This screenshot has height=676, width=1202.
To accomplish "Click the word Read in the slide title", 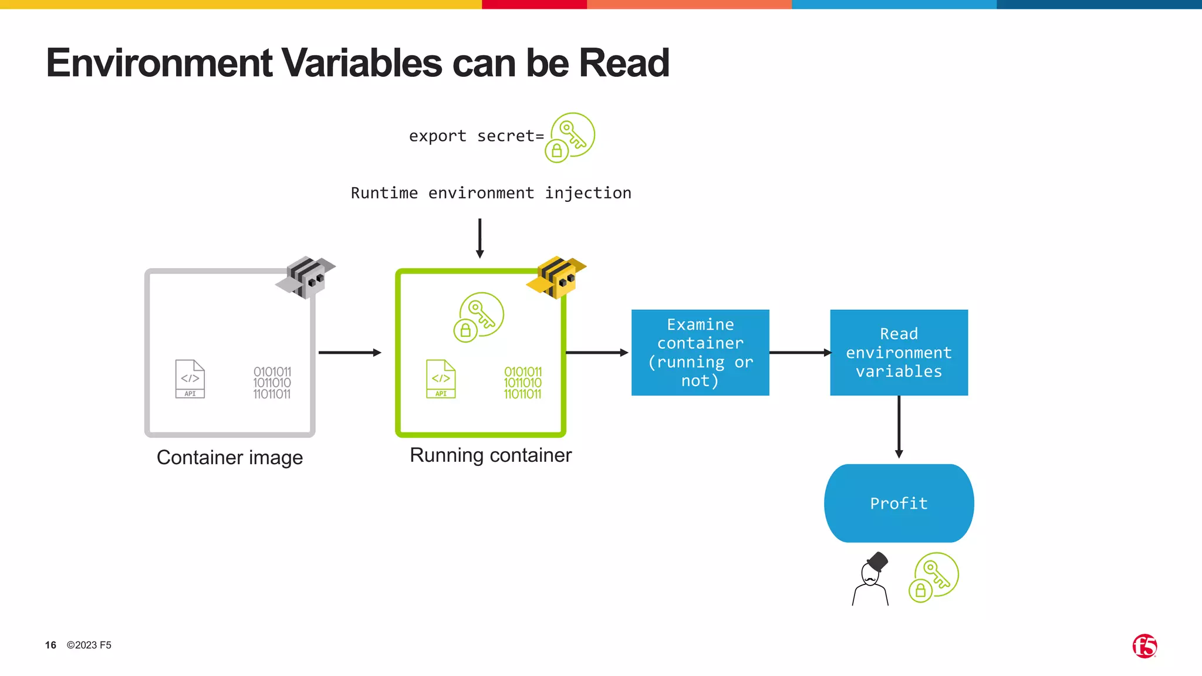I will tap(623, 63).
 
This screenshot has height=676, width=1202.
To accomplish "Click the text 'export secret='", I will tap(476, 136).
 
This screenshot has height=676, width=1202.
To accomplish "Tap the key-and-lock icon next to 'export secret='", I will tap(570, 137).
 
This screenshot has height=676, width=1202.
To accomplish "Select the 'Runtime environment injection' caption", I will tap(491, 193).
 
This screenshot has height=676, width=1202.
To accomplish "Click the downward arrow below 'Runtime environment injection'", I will tap(480, 238).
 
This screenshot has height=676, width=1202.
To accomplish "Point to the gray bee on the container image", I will tap(306, 277).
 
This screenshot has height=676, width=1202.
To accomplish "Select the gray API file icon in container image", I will tap(190, 379).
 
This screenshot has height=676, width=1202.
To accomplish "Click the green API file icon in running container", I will tap(441, 379).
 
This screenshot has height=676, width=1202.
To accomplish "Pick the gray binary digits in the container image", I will tap(272, 383).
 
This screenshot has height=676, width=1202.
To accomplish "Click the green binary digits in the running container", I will tap(522, 383).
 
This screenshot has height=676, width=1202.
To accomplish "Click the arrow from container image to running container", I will tap(350, 353).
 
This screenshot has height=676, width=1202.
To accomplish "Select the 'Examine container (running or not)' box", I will tap(700, 353).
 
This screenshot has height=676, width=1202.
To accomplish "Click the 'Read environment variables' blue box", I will tap(899, 353).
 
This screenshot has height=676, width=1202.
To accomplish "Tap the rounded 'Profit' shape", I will tap(899, 503).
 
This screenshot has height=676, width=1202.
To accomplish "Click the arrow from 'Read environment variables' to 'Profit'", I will tap(899, 427).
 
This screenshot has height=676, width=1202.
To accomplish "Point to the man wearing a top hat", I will tap(871, 580).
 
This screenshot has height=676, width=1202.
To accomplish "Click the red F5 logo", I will tap(1144, 646).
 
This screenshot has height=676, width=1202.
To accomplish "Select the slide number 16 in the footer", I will tap(50, 645).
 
